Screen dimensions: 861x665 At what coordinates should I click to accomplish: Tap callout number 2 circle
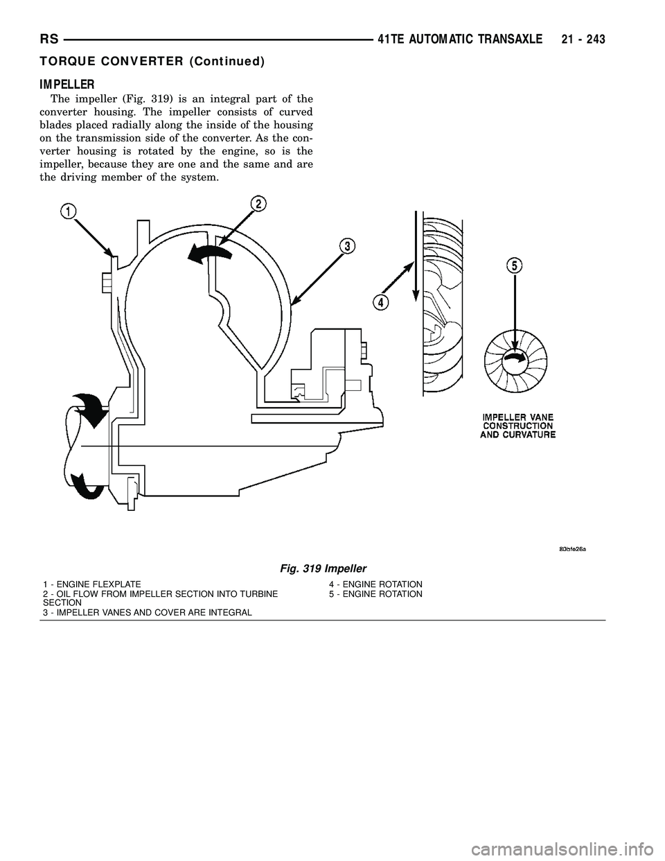coord(257,204)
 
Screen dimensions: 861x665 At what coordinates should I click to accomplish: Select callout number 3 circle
coord(346,246)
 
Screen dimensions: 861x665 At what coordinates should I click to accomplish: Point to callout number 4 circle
coord(379,302)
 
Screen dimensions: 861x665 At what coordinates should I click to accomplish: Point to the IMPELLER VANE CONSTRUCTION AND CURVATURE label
coord(517,425)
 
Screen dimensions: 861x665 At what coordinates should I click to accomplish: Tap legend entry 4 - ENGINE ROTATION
coord(375,585)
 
